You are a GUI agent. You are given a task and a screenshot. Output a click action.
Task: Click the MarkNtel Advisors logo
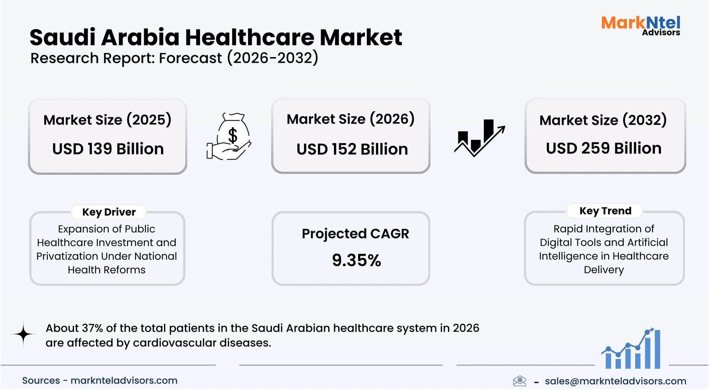tap(641, 26)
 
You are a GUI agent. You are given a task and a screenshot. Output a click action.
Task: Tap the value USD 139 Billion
tap(108, 149)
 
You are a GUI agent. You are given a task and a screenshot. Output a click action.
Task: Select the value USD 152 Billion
tap(352, 149)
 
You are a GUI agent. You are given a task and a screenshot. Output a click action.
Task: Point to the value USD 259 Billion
tap(604, 148)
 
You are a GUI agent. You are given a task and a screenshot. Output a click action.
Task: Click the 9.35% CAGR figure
tap(356, 260)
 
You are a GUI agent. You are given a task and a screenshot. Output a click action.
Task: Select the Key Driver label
tap(109, 212)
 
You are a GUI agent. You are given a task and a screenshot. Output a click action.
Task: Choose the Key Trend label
tap(605, 211)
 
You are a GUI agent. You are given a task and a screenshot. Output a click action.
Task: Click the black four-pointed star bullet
tap(23, 334)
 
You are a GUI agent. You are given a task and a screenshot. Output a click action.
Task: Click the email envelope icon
tap(520, 381)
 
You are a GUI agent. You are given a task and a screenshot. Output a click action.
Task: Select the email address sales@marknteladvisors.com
tap(615, 381)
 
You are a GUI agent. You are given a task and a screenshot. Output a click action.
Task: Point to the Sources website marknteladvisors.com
tap(124, 380)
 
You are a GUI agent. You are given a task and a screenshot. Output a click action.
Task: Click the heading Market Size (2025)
tap(107, 120)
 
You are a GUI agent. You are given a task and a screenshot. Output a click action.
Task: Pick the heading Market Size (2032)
tap(603, 120)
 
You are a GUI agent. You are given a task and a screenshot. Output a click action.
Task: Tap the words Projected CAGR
tap(355, 234)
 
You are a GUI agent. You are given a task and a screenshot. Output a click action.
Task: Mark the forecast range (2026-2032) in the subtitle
tap(273, 58)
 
